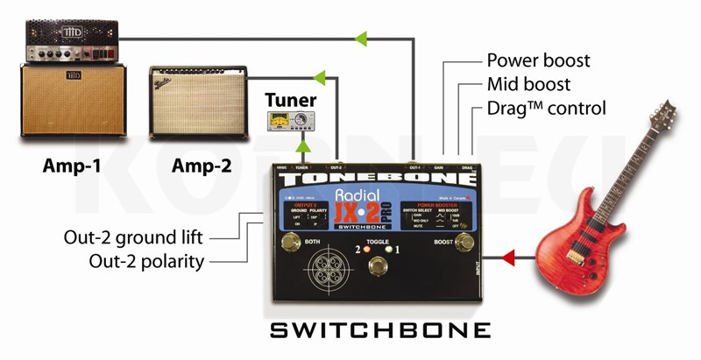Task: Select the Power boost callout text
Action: (538, 61)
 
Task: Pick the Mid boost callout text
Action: (528, 85)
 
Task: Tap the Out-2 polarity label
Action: (146, 260)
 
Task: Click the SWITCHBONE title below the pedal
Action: (379, 330)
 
